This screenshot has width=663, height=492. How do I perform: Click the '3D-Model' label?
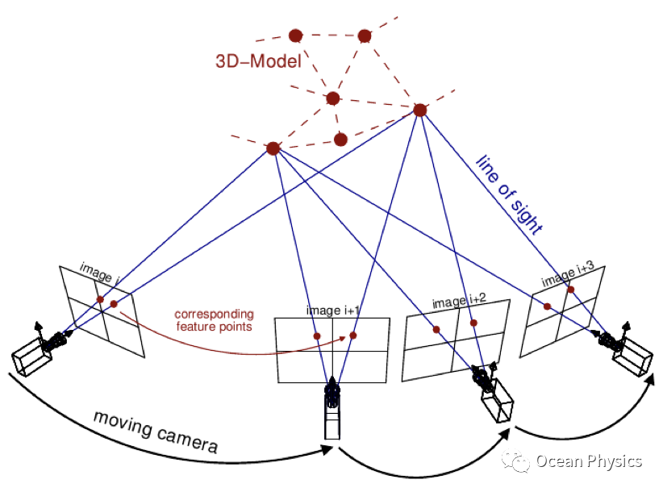click(258, 62)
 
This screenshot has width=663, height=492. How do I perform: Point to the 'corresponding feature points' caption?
click(215, 320)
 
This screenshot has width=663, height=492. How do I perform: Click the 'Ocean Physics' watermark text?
click(589, 461)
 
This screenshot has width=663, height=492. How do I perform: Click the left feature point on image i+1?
click(317, 336)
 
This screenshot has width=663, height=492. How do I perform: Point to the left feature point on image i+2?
click(436, 329)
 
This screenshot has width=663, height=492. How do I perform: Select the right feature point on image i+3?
click(571, 289)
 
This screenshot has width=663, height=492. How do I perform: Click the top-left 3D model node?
click(295, 35)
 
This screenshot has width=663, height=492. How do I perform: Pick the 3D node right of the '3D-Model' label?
click(332, 98)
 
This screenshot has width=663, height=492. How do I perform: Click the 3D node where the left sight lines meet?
click(273, 148)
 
